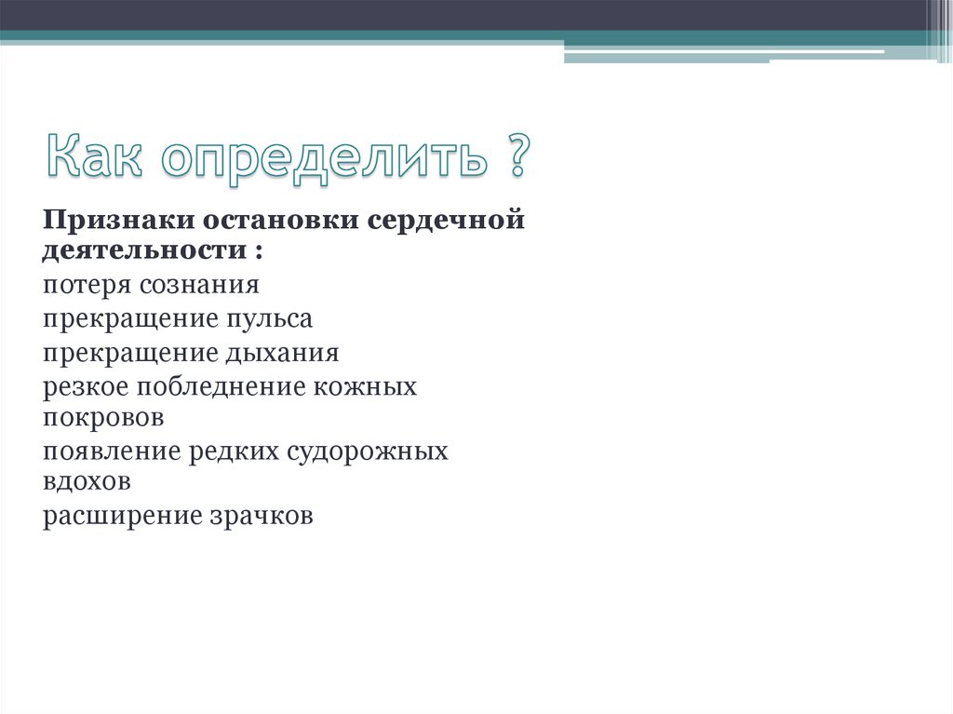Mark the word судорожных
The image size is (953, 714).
coord(368,452)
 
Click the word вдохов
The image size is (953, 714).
coord(86,482)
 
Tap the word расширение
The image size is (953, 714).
coord(116,517)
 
